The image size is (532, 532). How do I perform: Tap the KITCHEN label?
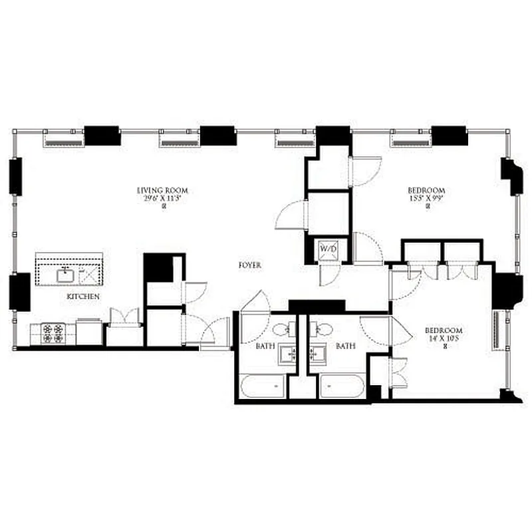[83, 295]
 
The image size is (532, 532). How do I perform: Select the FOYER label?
[250, 265]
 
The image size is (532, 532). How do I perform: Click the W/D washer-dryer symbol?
[329, 249]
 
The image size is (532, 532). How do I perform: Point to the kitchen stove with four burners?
[53, 332]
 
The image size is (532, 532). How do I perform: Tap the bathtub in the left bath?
[264, 386]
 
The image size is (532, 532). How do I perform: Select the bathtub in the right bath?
[342, 386]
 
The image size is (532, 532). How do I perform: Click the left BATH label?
[265, 346]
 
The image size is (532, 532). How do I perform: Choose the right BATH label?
[345, 346]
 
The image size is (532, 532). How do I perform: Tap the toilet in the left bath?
[281, 328]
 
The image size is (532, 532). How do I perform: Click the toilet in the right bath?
[324, 328]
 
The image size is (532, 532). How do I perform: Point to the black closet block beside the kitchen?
[158, 268]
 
